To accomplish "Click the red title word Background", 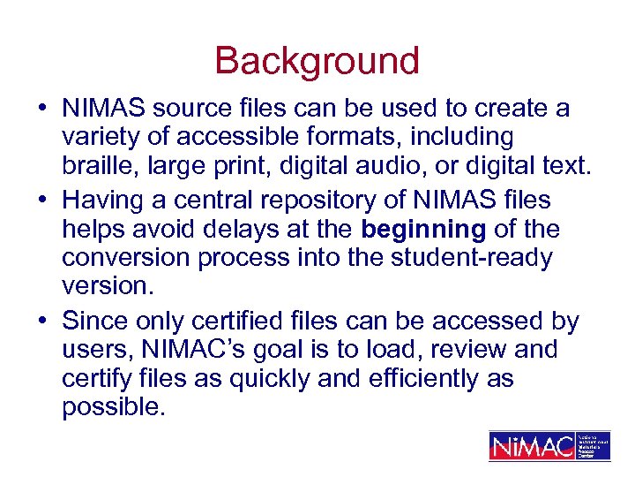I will pyautogui.click(x=317, y=61).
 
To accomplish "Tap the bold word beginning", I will pyautogui.click(x=423, y=230).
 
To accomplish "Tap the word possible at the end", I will pyautogui.click(x=114, y=409).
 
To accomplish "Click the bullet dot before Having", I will pyautogui.click(x=42, y=201).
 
